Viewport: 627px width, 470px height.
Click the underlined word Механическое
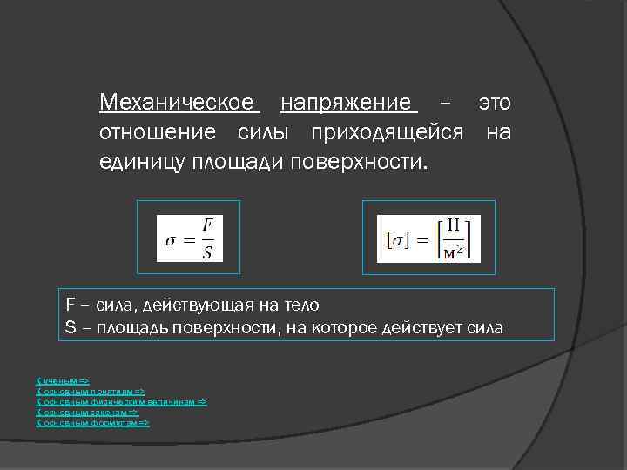(x=179, y=104)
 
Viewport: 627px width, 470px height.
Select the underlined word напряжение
(x=348, y=104)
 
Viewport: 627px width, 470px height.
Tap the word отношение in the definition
(x=158, y=133)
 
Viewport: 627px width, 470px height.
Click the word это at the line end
(x=494, y=104)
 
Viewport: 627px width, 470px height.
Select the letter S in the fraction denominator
(x=207, y=252)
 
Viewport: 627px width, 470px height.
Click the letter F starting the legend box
(x=70, y=305)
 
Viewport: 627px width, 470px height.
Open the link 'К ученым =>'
(x=62, y=381)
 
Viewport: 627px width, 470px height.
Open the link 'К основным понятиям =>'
(x=90, y=392)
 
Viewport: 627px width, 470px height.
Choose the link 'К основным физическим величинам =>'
(x=121, y=402)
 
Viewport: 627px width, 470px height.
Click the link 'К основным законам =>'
(x=86, y=413)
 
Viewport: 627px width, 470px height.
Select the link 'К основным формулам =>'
(x=92, y=423)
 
